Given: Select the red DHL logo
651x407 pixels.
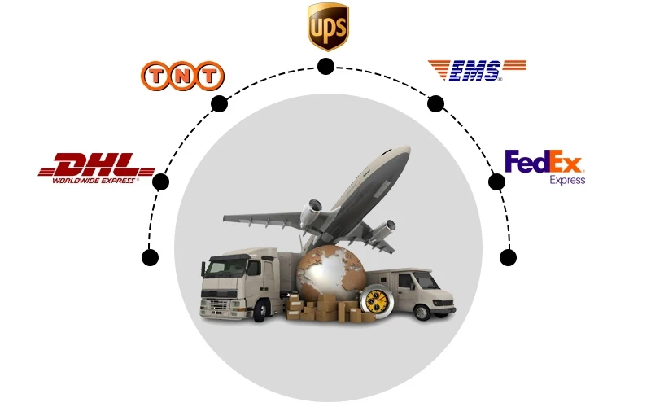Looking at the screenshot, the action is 96,166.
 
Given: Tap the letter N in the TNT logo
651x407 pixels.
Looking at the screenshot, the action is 181,77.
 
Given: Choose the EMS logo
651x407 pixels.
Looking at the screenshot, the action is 477,70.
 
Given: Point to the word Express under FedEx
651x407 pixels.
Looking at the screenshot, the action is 567,180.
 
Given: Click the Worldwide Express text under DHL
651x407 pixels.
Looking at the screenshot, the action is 94,180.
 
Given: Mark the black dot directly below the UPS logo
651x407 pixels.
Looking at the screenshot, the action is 325,66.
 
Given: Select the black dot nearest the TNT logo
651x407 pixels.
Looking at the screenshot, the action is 219,103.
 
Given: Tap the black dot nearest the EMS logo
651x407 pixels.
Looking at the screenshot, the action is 435,103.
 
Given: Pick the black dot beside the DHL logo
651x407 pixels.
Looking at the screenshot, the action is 160,182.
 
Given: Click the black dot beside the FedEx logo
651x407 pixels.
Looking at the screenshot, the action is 496,181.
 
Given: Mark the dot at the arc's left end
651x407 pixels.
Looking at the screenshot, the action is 150,258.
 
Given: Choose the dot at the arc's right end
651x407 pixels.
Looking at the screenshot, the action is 508,258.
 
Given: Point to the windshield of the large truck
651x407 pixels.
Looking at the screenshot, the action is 225,268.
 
